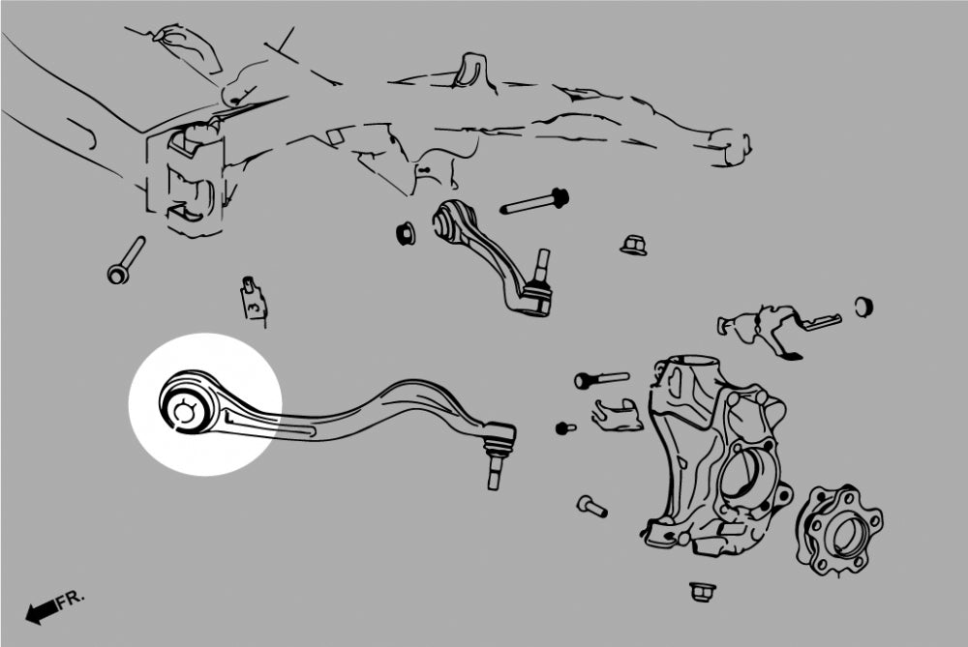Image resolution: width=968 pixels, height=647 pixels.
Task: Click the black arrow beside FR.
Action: pos(42,612)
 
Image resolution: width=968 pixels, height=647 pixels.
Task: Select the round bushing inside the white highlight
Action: pos(186,409)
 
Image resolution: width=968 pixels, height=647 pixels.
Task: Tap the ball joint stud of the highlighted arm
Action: pos(494,471)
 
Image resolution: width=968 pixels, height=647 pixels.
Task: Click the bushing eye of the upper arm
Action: pos(448,222)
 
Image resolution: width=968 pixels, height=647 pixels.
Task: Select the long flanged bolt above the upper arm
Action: pos(534,202)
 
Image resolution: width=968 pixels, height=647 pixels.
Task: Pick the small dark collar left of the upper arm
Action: pos(406,232)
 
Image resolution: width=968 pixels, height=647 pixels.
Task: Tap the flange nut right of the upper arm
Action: pos(633,245)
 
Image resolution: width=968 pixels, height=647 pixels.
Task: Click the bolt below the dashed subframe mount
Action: pos(126,260)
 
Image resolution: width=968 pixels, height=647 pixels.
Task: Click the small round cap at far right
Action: pos(863,307)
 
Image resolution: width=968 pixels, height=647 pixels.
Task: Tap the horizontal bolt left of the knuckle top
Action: pos(601,379)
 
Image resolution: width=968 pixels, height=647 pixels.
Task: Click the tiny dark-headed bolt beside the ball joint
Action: pos(565,427)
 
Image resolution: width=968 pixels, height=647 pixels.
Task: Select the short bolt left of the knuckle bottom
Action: pos(592,507)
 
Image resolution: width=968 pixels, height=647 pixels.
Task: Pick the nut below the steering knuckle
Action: pos(700,592)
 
